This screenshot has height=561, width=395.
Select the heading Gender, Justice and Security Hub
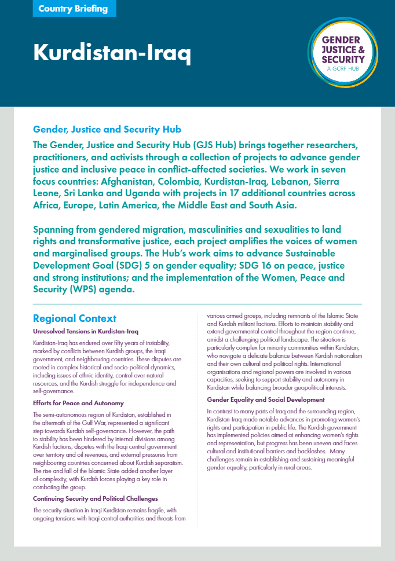pos(107,129)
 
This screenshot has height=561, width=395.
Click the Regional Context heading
pos(75,318)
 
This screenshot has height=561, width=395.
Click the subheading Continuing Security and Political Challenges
pos(95,498)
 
